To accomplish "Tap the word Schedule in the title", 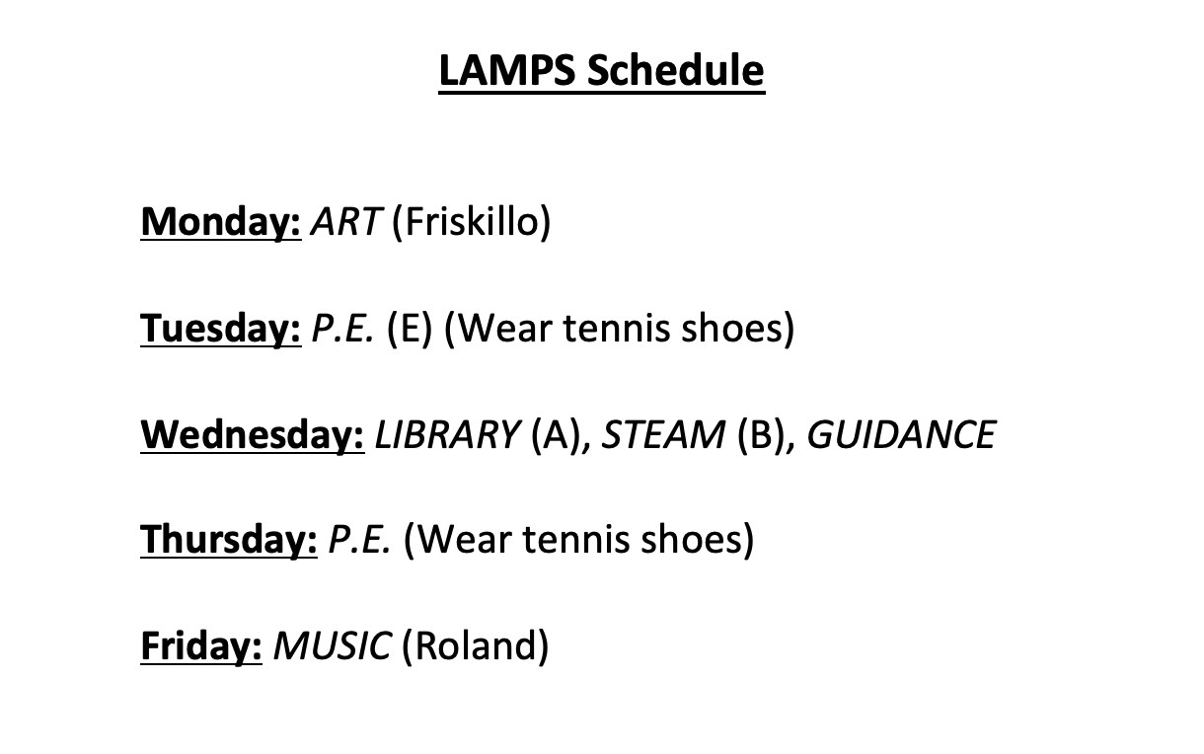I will point(675,71).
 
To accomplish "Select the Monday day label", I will point(220,222).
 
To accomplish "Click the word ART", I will point(344,222).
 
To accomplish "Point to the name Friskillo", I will point(472,222).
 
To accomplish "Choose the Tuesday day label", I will point(220,329).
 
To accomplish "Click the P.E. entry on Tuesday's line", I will point(342,329).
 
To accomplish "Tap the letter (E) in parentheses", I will point(410,329).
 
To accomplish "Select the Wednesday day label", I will point(252,434).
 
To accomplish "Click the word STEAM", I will point(663,434).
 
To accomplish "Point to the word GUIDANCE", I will point(901,434).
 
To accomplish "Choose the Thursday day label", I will point(228,540).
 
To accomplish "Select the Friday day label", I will point(201,646).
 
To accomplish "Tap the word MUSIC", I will point(332,646).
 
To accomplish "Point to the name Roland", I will point(475,646).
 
